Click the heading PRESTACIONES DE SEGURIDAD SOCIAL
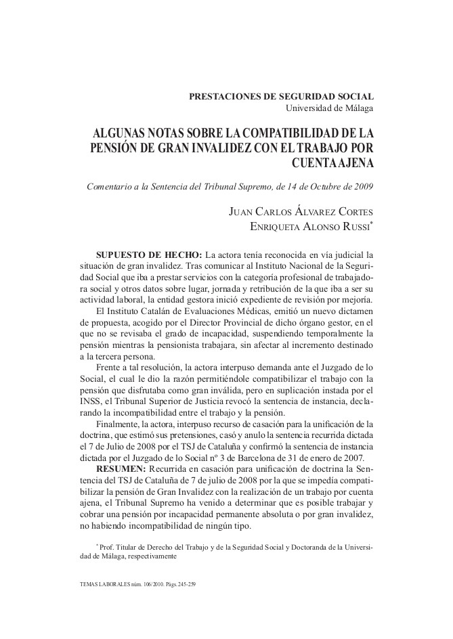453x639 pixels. pyautogui.click(x=281, y=97)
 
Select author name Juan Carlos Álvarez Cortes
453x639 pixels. pyautogui.click(x=302, y=213)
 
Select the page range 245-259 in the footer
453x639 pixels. pyautogui.click(x=184, y=584)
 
